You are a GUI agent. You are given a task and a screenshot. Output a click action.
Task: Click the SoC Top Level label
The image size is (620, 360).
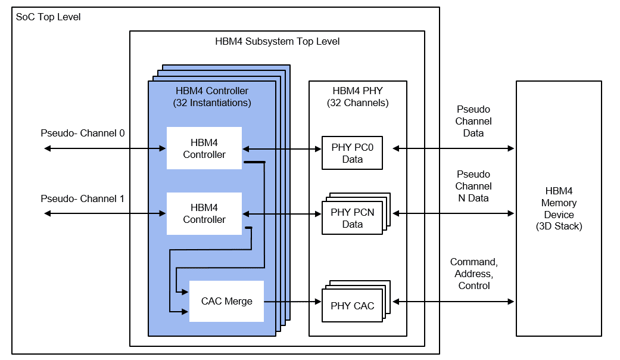48,17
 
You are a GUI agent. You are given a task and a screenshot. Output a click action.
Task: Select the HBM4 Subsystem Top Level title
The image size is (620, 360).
277,42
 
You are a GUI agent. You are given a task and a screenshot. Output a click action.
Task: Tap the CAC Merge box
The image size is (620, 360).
226,301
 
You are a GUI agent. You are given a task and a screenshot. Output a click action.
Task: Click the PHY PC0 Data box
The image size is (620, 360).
352,153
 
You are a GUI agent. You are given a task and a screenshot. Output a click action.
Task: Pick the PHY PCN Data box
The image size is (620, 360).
352,218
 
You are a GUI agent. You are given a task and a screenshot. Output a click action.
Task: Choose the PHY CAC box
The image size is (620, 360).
352,306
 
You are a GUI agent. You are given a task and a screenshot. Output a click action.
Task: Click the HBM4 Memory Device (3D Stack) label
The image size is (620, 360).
559,209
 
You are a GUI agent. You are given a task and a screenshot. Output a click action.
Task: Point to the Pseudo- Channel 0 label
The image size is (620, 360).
82,133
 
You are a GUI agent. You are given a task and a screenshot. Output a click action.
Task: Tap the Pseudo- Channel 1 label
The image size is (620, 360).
82,198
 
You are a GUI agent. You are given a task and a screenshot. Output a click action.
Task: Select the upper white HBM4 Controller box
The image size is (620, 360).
204,148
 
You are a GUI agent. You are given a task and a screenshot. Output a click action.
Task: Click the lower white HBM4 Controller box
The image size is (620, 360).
204,213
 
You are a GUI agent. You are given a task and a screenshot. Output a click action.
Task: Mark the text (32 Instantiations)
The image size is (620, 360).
212,103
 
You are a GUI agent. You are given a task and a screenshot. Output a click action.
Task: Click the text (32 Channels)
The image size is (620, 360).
357,103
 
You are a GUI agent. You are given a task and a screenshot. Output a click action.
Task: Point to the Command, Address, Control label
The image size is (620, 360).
473,274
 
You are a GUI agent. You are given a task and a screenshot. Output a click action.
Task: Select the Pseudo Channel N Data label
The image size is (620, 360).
473,186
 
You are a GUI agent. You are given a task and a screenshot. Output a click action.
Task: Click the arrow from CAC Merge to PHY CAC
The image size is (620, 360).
292,302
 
